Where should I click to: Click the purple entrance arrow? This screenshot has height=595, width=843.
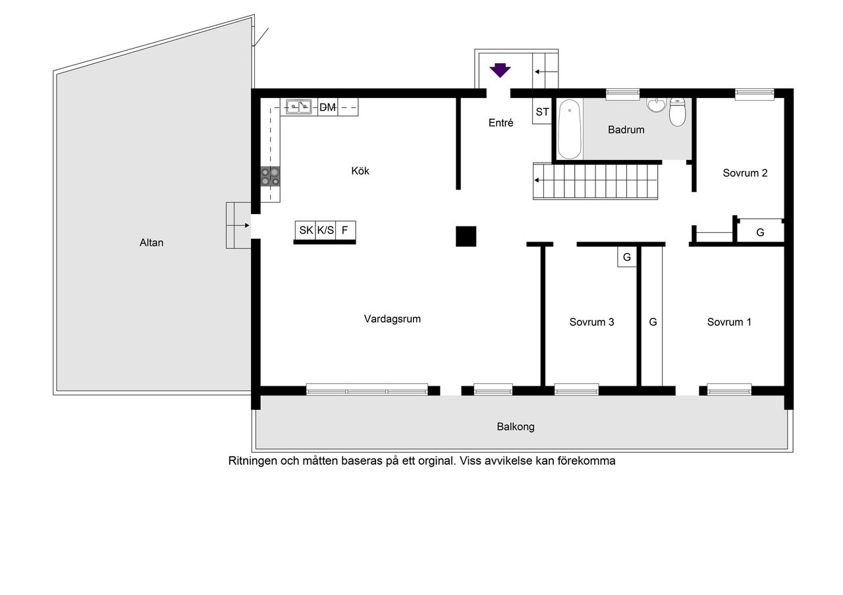point(500,70)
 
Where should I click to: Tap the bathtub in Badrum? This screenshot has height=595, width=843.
point(570,129)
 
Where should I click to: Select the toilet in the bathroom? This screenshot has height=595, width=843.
point(678,112)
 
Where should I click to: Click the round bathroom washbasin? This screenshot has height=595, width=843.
point(657,105)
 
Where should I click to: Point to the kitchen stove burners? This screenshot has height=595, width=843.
point(270,176)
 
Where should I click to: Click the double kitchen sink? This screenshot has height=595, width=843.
point(298,107)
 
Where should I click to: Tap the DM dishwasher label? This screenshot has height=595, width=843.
point(327,107)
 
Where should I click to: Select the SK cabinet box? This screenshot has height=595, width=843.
point(305,230)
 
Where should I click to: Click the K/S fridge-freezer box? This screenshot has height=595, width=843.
point(325,230)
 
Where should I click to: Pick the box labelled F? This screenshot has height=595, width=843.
point(346,230)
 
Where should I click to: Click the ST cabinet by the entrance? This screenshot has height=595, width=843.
point(542,111)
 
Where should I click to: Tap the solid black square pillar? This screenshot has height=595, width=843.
point(466,236)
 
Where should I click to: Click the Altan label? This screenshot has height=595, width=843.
point(151,243)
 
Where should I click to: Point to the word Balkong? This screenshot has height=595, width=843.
point(516,427)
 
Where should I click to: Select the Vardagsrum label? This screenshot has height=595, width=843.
point(392,319)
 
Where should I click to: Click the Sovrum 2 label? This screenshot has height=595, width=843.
point(745,173)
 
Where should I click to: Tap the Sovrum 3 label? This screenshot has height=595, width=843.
point(591,322)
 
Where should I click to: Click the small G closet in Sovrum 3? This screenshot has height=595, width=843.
point(626,257)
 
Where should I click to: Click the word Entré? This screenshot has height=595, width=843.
point(501,122)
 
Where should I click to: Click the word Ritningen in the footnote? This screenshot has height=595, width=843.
point(252,461)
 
